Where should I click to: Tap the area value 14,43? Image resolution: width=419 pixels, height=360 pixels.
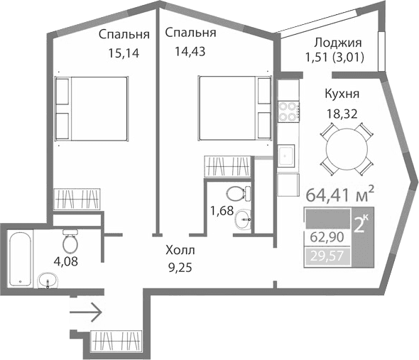[190, 50]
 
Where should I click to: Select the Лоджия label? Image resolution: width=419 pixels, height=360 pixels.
[337, 43]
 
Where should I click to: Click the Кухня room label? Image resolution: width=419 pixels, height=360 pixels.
[341, 94]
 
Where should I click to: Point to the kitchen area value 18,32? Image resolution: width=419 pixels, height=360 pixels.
[340, 112]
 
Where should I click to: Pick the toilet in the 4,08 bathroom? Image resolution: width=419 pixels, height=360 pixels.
[70, 243]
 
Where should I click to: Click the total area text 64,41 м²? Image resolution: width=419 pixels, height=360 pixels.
[339, 192]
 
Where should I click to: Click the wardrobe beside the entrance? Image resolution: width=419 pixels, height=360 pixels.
[116, 341]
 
